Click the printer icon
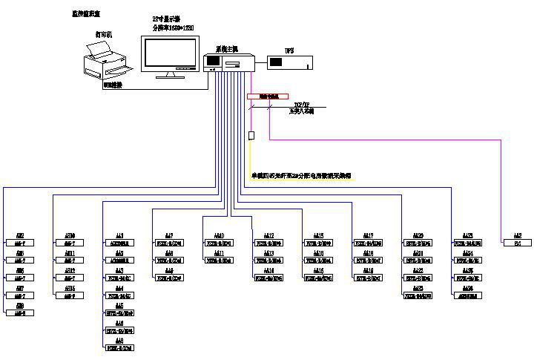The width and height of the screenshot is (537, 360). pyautogui.click(x=104, y=59)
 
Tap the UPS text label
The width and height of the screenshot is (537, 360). pyautogui.click(x=290, y=50)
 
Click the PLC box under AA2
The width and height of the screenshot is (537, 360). pyautogui.click(x=518, y=243)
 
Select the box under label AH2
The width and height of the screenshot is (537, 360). pyautogui.click(x=20, y=243)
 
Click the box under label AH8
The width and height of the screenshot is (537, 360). pyautogui.click(x=20, y=313)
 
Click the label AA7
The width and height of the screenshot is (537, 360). pyautogui.click(x=169, y=235)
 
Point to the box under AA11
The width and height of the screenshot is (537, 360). pyautogui.click(x=219, y=261)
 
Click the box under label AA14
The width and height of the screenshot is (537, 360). pyautogui.click(x=269, y=278)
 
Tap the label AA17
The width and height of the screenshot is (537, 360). pyautogui.click(x=369, y=235)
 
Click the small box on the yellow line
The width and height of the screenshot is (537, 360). pyautogui.click(x=252, y=135)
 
